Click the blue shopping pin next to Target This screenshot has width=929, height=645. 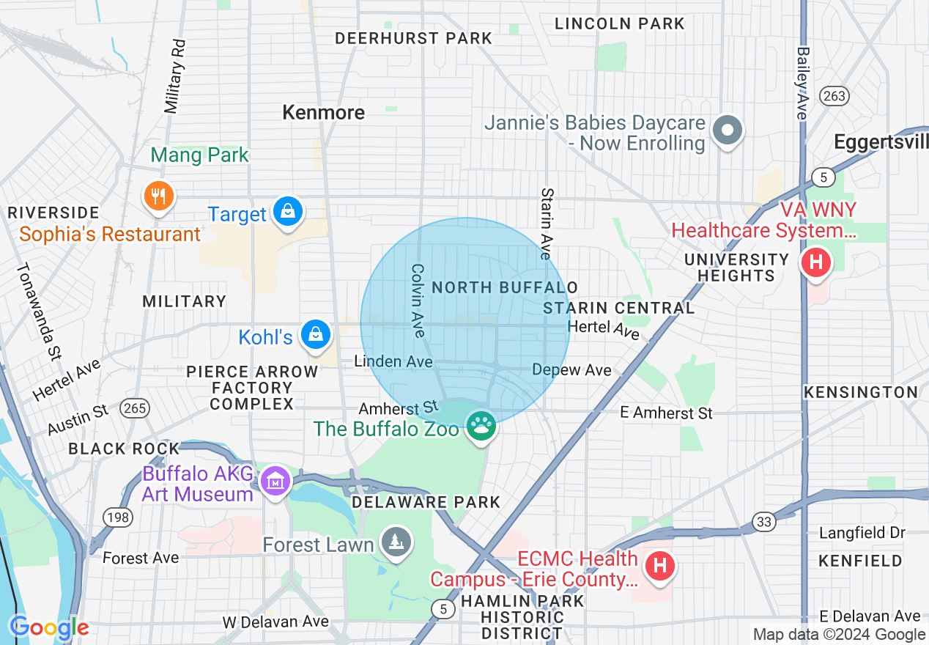289,212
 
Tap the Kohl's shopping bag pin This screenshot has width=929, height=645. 316,335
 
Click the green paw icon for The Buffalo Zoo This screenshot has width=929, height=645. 481,425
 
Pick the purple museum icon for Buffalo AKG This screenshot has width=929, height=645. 275,481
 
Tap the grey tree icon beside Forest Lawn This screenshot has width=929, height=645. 396,542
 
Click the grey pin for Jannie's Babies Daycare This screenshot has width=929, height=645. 727,131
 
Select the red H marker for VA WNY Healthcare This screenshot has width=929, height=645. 815,262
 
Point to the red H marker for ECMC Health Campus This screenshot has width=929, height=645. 659,566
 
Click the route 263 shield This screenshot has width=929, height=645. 834,96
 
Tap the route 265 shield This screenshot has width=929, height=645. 136,408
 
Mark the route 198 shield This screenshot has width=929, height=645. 118,518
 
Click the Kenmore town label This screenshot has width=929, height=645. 323,112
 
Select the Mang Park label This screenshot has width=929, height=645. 200,155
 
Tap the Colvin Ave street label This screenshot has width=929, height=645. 418,301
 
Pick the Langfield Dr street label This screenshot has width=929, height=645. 862,533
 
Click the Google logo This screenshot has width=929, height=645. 49,627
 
